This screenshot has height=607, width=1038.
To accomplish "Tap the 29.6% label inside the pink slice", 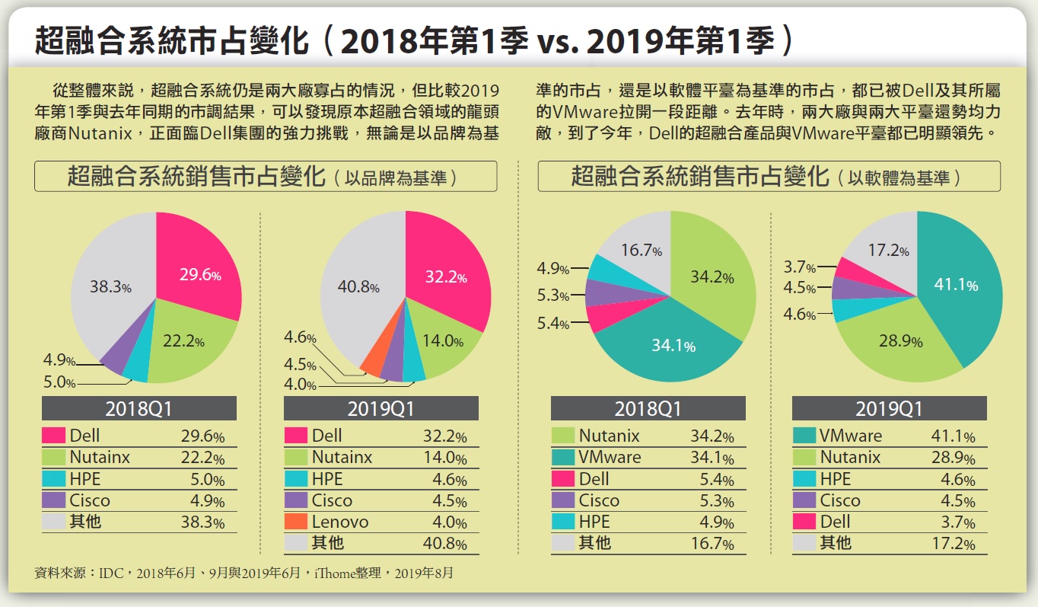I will [200, 276].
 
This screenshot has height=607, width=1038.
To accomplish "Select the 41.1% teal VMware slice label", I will [956, 285].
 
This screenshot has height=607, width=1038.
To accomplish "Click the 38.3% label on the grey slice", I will [111, 288].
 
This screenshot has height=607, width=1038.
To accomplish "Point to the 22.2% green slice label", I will [183, 342].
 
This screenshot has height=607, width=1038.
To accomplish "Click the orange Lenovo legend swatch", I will [295, 522].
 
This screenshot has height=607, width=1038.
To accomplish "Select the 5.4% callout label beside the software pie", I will [553, 324].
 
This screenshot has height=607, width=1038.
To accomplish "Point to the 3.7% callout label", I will [800, 267].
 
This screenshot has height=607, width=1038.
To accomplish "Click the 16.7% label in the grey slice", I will [640, 250].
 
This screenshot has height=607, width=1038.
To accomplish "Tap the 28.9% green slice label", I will [901, 341].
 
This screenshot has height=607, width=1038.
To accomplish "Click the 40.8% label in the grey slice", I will [358, 287].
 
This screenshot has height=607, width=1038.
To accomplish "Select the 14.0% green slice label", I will [443, 341].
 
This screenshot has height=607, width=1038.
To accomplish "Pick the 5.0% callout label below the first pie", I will [59, 382].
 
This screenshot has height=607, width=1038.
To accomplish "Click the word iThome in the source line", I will [333, 573].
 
